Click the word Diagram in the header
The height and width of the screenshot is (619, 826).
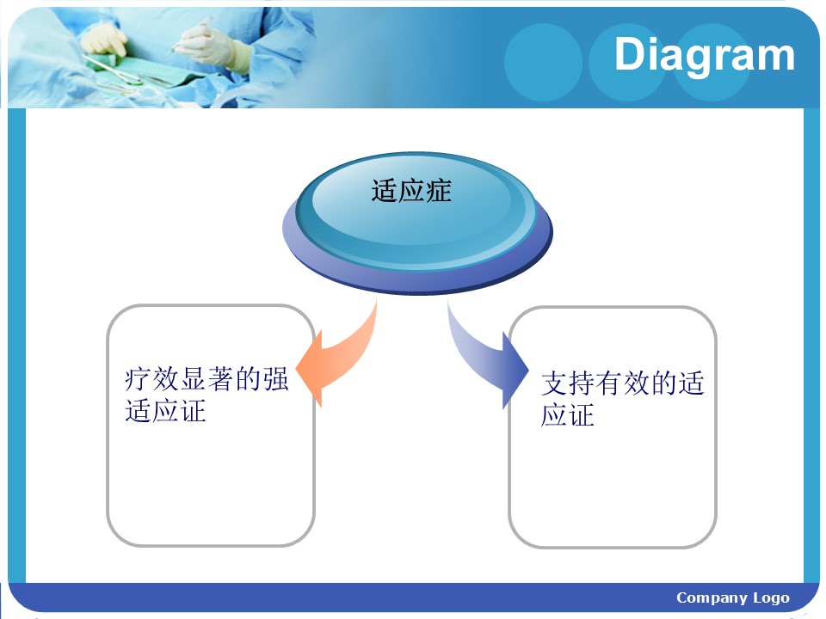(705, 55)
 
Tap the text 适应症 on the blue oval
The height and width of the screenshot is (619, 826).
(411, 191)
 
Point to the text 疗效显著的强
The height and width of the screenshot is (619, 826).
(206, 379)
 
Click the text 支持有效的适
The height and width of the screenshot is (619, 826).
(623, 383)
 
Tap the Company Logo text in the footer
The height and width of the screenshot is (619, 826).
(733, 598)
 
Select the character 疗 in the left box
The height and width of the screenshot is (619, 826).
(138, 379)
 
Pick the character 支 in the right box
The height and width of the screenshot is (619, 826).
(554, 383)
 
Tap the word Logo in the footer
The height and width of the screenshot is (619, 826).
(771, 598)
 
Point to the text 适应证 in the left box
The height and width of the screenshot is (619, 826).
(165, 411)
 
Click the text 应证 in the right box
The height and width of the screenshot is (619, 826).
(568, 415)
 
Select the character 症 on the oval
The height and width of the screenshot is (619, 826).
(439, 191)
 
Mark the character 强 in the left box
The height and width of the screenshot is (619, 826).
(275, 379)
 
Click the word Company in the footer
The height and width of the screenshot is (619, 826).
(712, 598)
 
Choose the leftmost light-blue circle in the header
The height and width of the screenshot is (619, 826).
(543, 62)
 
